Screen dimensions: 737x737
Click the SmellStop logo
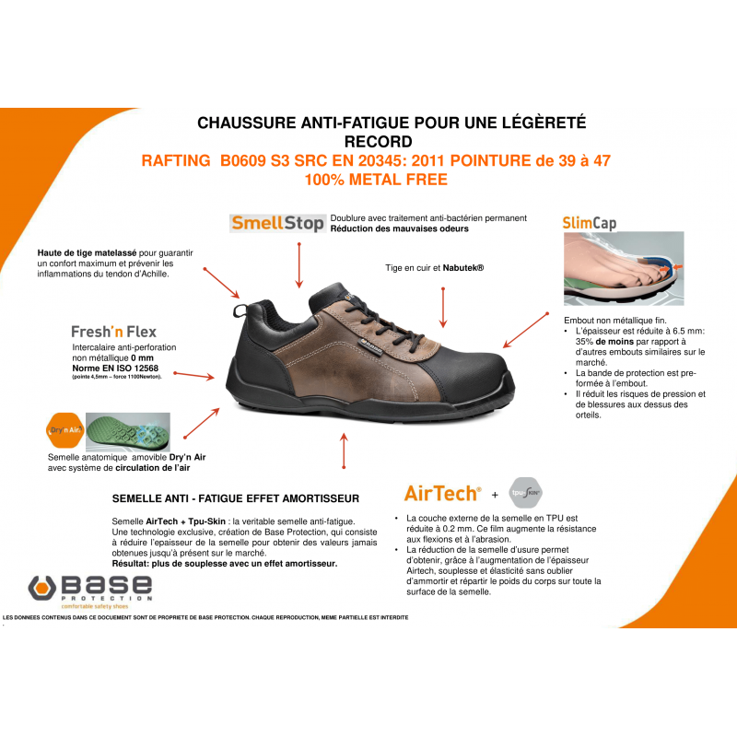click(276, 223)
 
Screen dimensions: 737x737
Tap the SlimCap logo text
click(589, 223)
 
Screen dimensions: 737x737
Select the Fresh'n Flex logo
click(113, 332)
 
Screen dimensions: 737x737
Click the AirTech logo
click(442, 492)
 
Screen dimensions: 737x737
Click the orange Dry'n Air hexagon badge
click(63, 428)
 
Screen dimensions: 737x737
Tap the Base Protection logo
click(90, 589)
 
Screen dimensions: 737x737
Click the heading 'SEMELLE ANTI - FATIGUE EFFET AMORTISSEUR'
click(235, 498)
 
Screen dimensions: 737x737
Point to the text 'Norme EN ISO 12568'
click(114, 368)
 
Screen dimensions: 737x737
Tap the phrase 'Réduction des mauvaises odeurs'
click(399, 228)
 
